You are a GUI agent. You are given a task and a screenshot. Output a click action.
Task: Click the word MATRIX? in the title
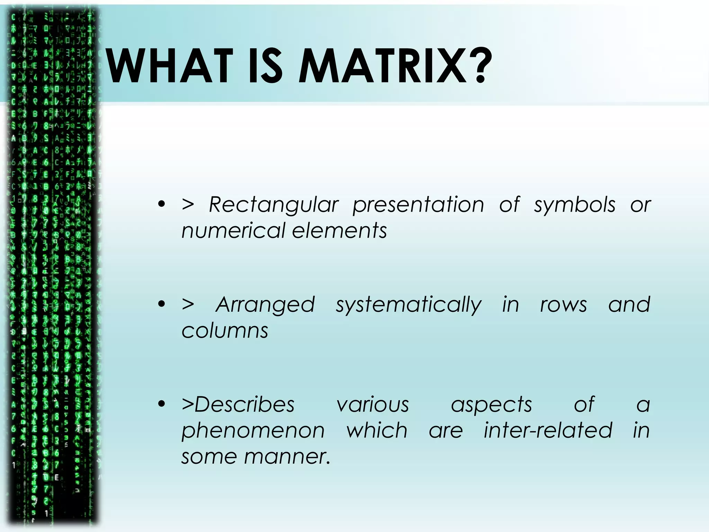tap(395, 66)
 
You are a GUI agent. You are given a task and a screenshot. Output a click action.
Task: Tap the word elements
tap(339, 231)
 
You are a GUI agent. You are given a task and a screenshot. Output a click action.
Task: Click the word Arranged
tap(265, 305)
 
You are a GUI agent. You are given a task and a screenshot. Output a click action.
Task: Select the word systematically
tap(409, 305)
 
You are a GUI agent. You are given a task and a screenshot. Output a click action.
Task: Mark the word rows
tap(564, 305)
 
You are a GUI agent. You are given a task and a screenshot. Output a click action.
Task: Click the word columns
tap(225, 331)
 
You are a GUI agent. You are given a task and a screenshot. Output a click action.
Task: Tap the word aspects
tap(491, 405)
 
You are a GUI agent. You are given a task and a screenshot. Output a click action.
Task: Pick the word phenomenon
tap(253, 431)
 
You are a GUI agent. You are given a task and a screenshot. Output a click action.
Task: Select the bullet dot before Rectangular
tap(161, 204)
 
